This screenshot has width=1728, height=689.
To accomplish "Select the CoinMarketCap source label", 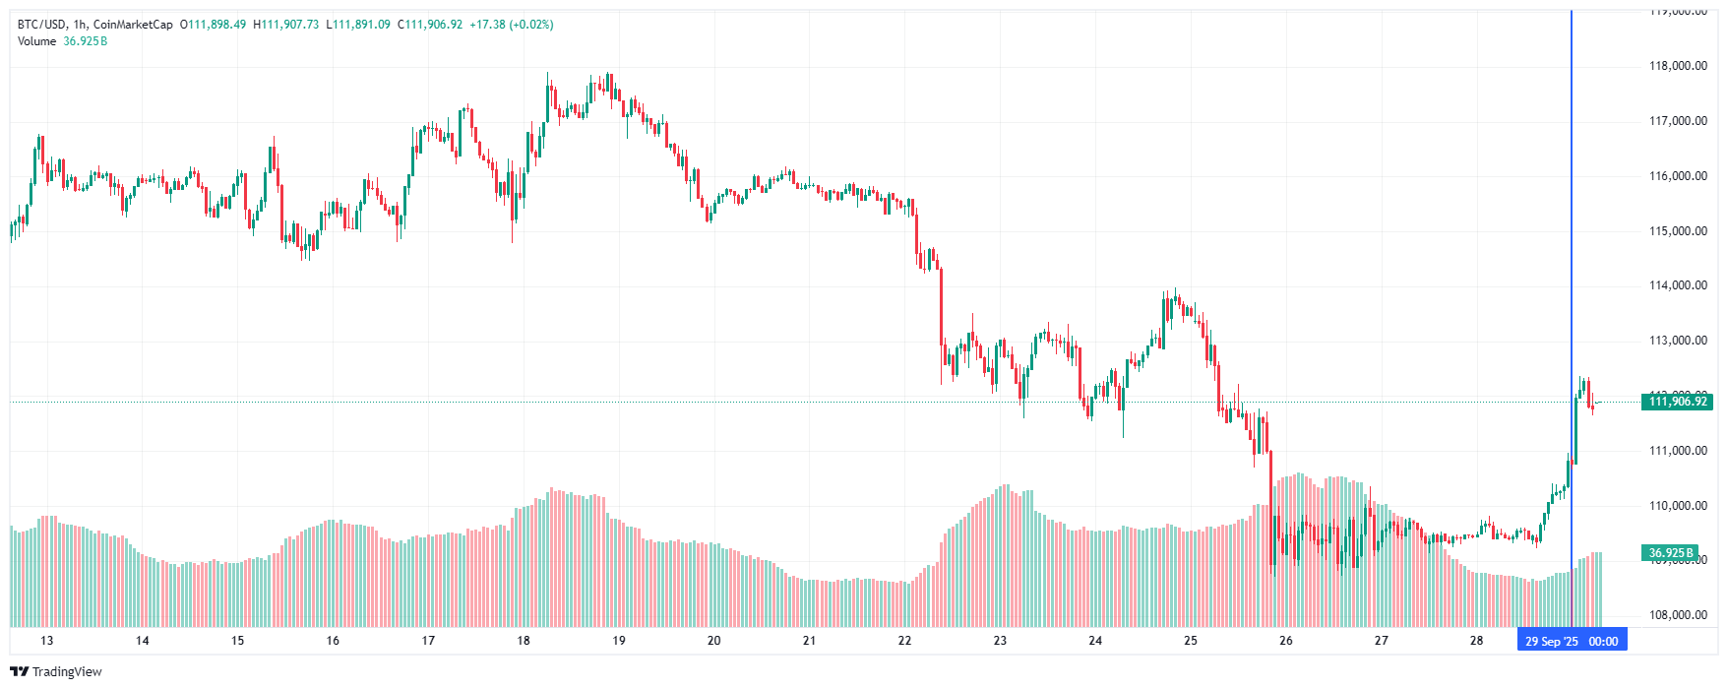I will [x=133, y=25].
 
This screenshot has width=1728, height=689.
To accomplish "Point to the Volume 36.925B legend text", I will [x=62, y=41].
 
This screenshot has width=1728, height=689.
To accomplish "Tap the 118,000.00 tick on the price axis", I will [x=1678, y=66].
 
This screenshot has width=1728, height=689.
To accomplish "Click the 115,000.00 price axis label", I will [x=1678, y=231].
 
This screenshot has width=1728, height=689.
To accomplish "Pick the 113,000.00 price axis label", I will [x=1678, y=341].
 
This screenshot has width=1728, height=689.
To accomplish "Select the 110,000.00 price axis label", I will [x=1678, y=506].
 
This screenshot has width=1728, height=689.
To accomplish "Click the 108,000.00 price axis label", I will [x=1678, y=615].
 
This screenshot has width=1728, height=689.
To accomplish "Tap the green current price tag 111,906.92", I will [x=1678, y=402].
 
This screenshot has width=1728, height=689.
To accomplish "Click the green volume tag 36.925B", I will [x=1669, y=553].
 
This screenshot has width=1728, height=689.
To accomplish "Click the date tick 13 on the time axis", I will [x=47, y=641].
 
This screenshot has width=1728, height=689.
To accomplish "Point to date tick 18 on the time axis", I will [x=524, y=641].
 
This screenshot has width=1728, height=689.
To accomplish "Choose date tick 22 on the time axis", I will [x=904, y=641].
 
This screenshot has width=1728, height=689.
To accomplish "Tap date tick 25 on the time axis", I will [x=1191, y=641].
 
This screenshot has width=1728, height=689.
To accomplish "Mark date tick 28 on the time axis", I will [x=1476, y=641].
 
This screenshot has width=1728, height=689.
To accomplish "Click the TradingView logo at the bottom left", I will [x=56, y=671].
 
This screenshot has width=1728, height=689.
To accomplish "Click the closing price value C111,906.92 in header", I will [x=430, y=25].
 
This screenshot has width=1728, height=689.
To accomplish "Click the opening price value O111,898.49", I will [x=213, y=25].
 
